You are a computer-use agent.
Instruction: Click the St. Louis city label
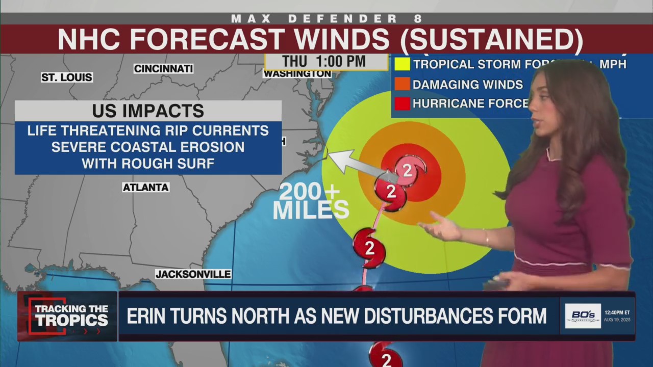coord(67,77)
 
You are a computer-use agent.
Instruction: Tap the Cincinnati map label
coord(163,68)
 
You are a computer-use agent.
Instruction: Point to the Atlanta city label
coord(145,188)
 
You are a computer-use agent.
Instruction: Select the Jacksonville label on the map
coord(193,274)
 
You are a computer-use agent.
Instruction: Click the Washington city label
coord(297,74)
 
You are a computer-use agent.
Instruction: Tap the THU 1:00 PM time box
coord(325,62)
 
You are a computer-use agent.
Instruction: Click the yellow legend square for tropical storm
coord(402,64)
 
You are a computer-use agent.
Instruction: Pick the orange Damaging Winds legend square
coord(402,84)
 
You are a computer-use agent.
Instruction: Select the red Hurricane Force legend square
coord(402,103)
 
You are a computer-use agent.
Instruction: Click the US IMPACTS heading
coord(148,111)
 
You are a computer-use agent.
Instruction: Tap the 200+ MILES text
coord(310,201)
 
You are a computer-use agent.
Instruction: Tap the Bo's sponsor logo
coord(583,316)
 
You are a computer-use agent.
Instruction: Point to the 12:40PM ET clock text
coord(617,312)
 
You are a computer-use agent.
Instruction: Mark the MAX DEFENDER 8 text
coord(326,19)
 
